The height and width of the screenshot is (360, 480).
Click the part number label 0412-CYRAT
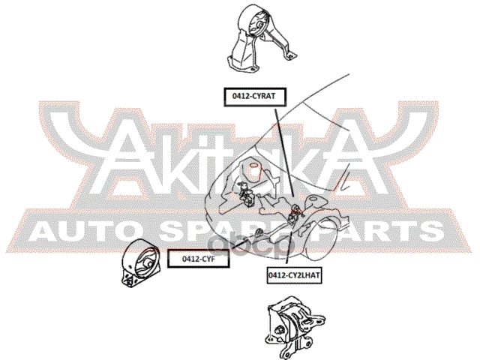tap(258, 95)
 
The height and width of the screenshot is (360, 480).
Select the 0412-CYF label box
tap(196, 259)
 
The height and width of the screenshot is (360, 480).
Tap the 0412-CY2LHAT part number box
tap(294, 276)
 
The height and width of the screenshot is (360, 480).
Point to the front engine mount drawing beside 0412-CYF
tap(140, 265)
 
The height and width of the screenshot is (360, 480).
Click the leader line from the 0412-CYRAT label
tap(283, 150)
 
